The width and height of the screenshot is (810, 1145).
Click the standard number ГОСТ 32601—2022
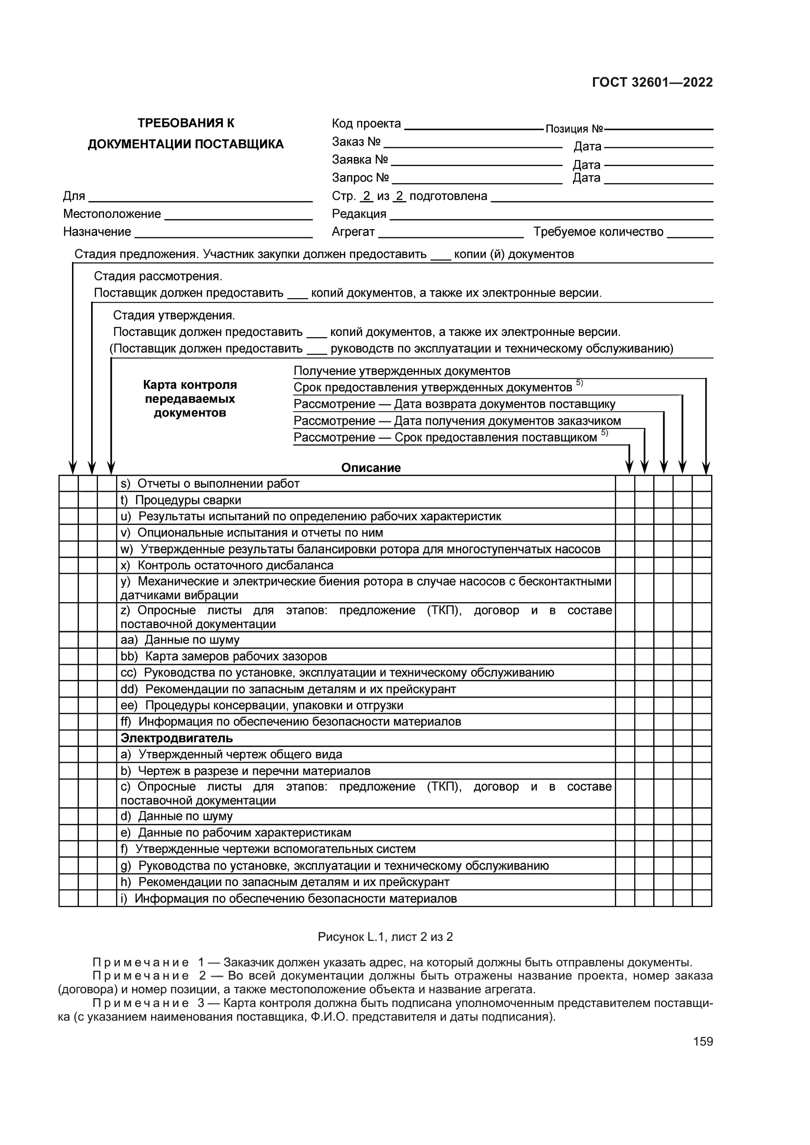[x=652, y=82]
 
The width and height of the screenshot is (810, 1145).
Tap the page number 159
[x=703, y=1041]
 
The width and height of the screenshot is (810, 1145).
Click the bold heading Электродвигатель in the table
[x=177, y=738]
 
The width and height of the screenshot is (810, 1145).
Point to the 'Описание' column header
[x=371, y=468]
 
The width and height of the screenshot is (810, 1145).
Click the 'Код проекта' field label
[x=366, y=123]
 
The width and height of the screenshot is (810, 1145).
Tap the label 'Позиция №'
[x=574, y=129]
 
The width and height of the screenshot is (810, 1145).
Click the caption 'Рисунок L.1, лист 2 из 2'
[x=385, y=936]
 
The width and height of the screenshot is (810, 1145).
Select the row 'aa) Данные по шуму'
[x=180, y=640]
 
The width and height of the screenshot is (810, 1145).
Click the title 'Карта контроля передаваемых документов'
[x=190, y=398]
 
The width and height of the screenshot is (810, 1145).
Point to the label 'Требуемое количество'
[x=598, y=232]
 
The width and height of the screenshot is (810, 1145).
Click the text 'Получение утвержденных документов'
[x=402, y=371]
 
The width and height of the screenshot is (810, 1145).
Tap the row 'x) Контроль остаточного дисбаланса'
[x=227, y=565]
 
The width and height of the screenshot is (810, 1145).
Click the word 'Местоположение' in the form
[x=112, y=214]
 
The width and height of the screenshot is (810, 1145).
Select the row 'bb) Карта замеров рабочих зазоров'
[x=223, y=656]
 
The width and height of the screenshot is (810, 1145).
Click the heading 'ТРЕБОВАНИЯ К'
[x=186, y=123]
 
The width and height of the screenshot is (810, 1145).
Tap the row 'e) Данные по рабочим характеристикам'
[x=236, y=832]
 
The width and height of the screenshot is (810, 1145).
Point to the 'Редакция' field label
[x=358, y=214]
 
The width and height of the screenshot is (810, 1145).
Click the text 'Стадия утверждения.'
[x=173, y=315]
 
